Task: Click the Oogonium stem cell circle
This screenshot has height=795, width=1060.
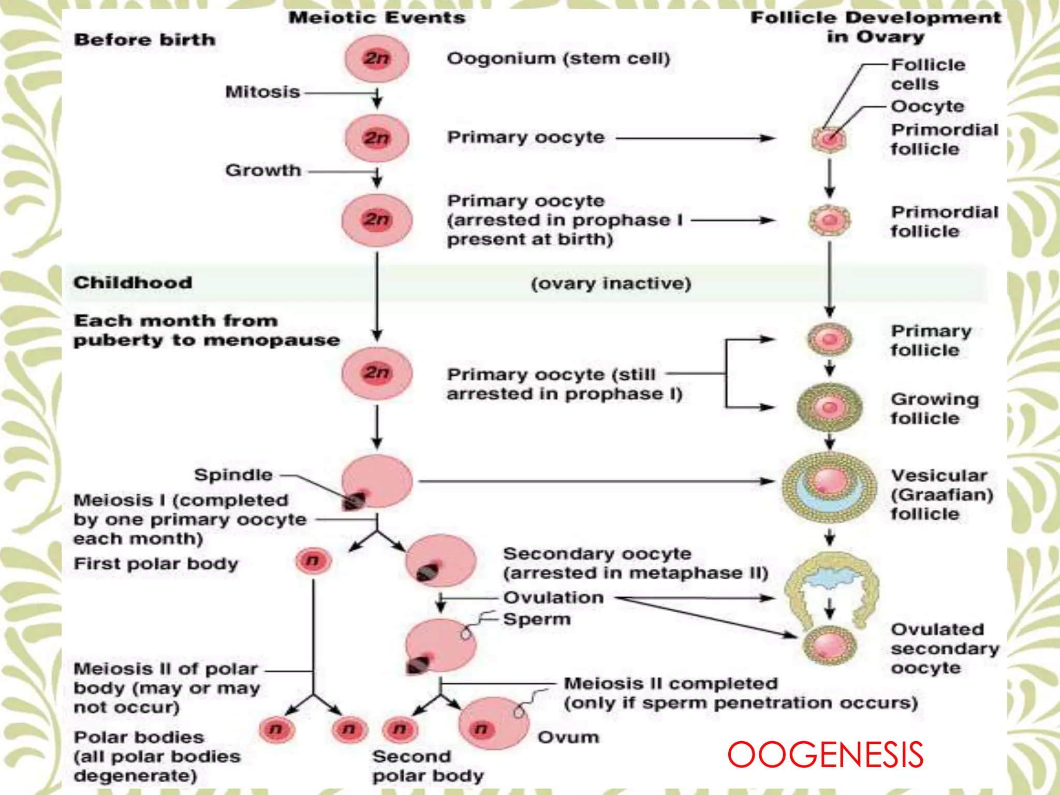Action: pyautogui.click(x=377, y=58)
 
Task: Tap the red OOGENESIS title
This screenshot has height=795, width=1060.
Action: pyautogui.click(x=825, y=755)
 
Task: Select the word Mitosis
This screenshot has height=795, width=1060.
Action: pyautogui.click(x=262, y=92)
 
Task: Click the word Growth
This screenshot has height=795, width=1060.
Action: pyautogui.click(x=263, y=170)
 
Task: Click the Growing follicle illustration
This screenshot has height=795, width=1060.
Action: pyautogui.click(x=829, y=408)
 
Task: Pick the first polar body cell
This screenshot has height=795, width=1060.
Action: pyautogui.click(x=313, y=561)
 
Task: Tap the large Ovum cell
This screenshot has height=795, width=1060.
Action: pyautogui.click(x=493, y=724)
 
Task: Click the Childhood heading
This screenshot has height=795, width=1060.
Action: pyautogui.click(x=132, y=283)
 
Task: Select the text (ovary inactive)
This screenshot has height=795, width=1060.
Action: pyautogui.click(x=611, y=284)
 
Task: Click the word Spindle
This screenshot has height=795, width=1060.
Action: pyautogui.click(x=233, y=475)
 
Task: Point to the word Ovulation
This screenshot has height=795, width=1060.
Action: pyautogui.click(x=553, y=598)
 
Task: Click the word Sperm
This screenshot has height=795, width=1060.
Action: pyautogui.click(x=537, y=620)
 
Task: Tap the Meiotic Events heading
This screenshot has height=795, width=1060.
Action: pyautogui.click(x=377, y=18)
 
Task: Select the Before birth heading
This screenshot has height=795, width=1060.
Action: pyautogui.click(x=144, y=40)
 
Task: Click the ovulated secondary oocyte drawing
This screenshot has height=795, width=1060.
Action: pyautogui.click(x=829, y=645)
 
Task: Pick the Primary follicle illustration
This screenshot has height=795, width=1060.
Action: pyautogui.click(x=829, y=340)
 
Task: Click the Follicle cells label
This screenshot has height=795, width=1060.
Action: pyautogui.click(x=927, y=75)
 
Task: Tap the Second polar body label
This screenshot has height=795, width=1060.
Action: pyautogui.click(x=428, y=766)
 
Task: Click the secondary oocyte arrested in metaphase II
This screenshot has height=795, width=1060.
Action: pyautogui.click(x=440, y=562)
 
